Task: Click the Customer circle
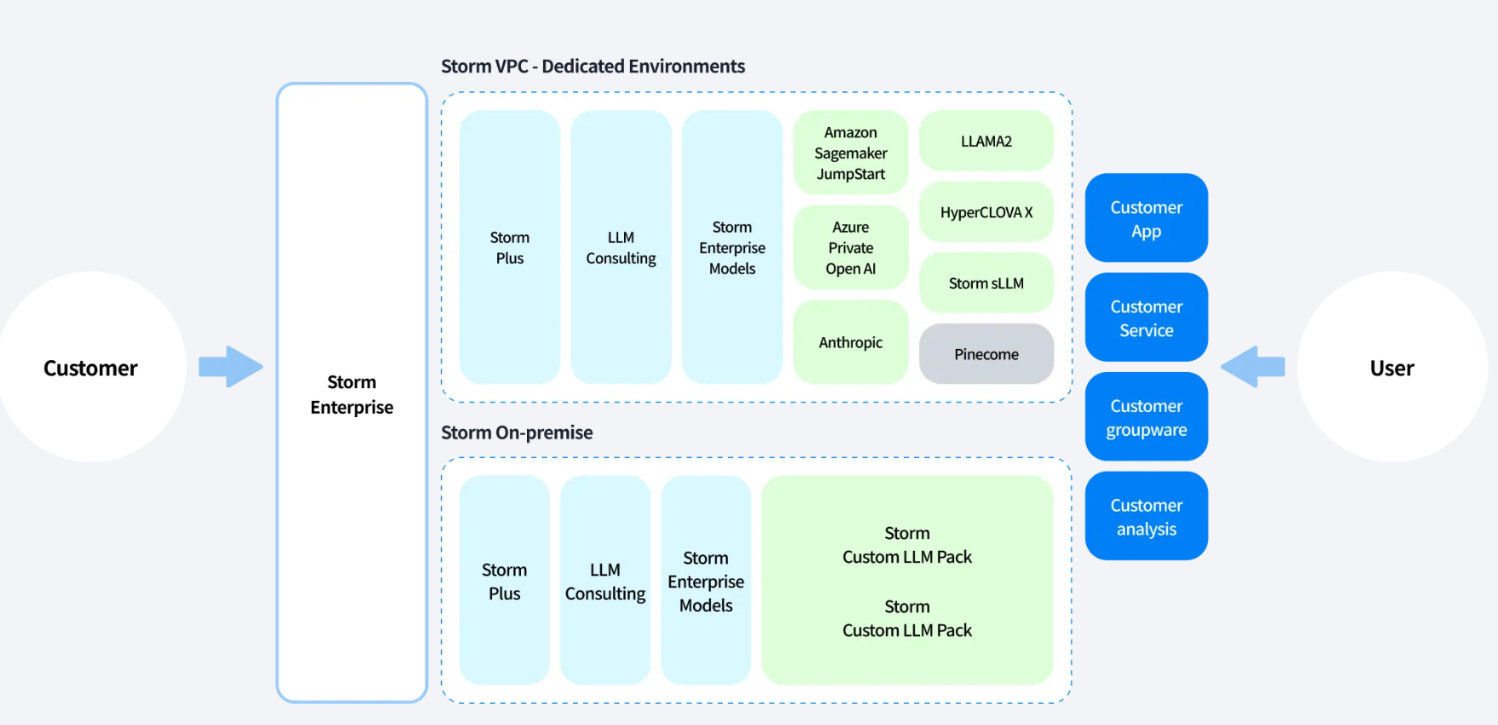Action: pos(90,368)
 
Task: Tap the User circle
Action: pos(1391,368)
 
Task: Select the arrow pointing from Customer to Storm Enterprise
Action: pos(231,367)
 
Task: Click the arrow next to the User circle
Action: pos(1252,367)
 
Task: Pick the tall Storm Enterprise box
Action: pos(351,393)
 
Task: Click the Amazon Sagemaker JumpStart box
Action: pos(850,154)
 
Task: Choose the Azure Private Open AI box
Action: pos(850,248)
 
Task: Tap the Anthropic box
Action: pos(850,342)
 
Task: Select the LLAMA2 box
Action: pos(986,142)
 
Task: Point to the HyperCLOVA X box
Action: pos(986,212)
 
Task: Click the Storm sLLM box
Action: pos(986,283)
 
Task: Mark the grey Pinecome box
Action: pos(986,354)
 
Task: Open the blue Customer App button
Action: pos(1146,218)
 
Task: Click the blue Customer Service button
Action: pos(1146,317)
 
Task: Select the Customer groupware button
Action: pos(1146,417)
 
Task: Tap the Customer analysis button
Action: pos(1146,516)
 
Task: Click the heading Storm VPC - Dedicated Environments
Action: pos(593,67)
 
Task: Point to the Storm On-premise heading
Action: pos(517,432)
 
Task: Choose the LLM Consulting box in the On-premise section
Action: pos(604,581)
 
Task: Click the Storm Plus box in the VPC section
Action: pos(509,247)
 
